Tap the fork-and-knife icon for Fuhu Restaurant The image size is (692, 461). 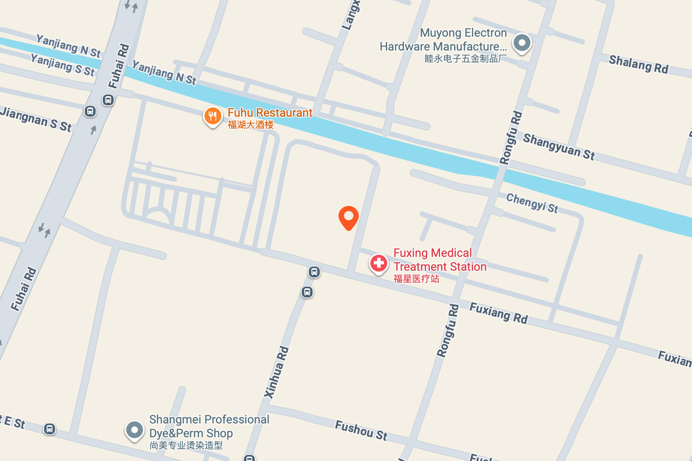click(x=213, y=116)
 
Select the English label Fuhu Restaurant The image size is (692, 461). click(x=270, y=113)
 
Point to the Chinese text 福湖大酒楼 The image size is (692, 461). click(x=251, y=125)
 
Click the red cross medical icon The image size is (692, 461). click(x=379, y=263)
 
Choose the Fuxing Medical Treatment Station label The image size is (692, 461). click(x=439, y=260)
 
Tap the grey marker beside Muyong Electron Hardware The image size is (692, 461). click(x=522, y=43)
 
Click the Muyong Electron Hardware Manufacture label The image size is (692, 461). click(x=443, y=40)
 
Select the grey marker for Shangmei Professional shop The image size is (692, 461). click(x=134, y=430)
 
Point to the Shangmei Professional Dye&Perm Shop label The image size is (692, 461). click(x=209, y=426)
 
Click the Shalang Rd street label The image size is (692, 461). click(x=638, y=65)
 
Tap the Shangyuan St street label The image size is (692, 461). click(x=559, y=147)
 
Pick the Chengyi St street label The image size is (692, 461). click(x=532, y=203)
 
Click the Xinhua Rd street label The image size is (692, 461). click(x=277, y=372)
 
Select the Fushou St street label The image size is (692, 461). click(x=361, y=430)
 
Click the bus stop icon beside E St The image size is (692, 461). click(x=49, y=429)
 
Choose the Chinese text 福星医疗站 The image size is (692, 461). click(x=416, y=279)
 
